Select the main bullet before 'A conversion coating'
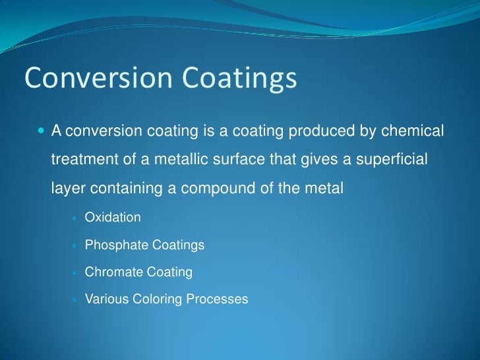click(42, 132)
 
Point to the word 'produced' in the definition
click(312, 132)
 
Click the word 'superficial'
click(395, 160)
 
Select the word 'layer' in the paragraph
click(65, 189)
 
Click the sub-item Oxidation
click(113, 217)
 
